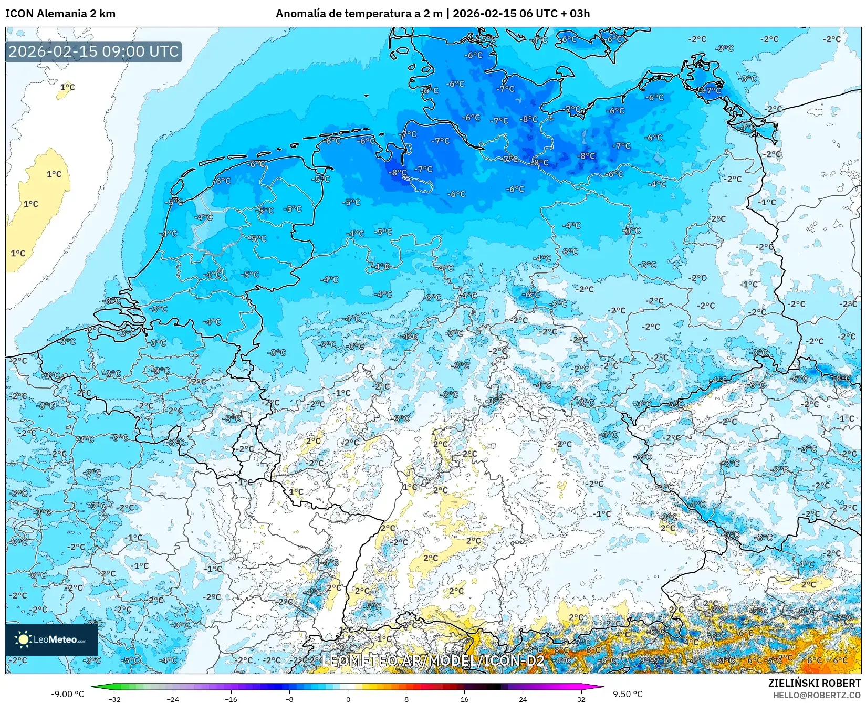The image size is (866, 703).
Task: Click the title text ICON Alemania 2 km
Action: coord(60,14)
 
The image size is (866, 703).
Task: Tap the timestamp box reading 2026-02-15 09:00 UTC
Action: coord(93,51)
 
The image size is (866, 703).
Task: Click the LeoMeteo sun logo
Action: coord(23,639)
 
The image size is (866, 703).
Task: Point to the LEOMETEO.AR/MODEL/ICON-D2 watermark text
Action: coord(433,660)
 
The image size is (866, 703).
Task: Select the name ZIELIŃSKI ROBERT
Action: coord(815,683)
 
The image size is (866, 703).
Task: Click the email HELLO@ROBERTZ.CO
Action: coord(817,695)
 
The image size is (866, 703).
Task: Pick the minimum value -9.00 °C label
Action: coord(67,694)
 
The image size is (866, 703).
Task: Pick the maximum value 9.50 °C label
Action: coord(628,694)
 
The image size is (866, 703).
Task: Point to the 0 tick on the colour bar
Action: coord(348,699)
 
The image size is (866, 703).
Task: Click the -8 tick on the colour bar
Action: coord(289,699)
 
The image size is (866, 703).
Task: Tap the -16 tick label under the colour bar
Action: coord(231,699)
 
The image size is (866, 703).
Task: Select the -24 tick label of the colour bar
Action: coord(173,699)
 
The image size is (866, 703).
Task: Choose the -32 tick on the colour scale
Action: coord(114,699)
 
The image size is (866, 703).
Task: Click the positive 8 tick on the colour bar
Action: coord(406,699)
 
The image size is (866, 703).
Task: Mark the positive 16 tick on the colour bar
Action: coord(464,699)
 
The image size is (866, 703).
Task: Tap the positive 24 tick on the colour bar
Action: coord(523,699)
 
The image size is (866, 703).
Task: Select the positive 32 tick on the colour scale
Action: coord(581,699)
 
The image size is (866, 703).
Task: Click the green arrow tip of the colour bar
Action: coord(93,687)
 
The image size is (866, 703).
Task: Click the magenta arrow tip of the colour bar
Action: coord(602,687)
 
